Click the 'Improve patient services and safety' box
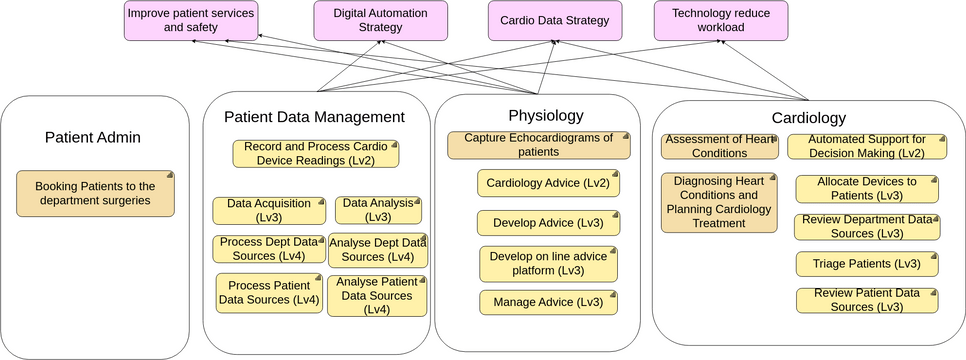click(190, 21)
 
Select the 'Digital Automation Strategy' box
click(366, 21)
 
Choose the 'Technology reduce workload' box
click(720, 21)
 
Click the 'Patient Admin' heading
click(93, 137)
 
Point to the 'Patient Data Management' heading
click(314, 117)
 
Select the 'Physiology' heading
click(545, 115)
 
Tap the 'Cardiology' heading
click(809, 118)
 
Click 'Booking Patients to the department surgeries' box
click(96, 193)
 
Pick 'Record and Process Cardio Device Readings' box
click(316, 153)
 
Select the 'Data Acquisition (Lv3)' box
click(269, 210)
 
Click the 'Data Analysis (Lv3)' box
click(378, 210)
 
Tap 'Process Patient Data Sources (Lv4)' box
click(268, 293)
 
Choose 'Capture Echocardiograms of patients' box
click(538, 145)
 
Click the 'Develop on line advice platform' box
click(549, 264)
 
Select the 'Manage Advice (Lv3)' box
click(548, 302)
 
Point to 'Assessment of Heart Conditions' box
click(719, 146)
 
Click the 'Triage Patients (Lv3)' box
click(866, 264)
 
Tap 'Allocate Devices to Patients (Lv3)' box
click(867, 189)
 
